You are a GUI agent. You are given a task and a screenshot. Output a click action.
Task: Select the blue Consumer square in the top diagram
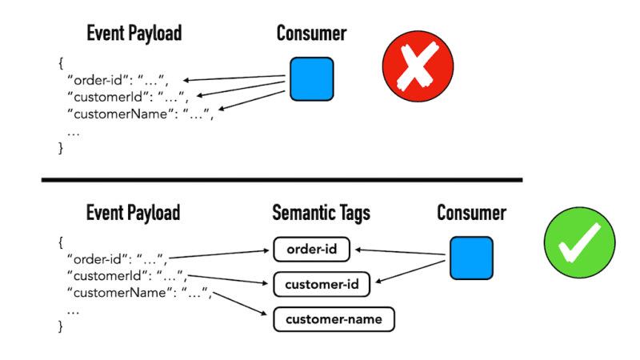(x=311, y=78)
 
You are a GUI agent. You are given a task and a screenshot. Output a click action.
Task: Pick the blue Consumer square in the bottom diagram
(x=470, y=258)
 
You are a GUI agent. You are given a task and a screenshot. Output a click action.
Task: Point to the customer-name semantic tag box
(x=334, y=320)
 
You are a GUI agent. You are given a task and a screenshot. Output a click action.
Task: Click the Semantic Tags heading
(x=320, y=213)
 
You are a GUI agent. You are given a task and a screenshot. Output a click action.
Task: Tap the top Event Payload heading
(x=134, y=33)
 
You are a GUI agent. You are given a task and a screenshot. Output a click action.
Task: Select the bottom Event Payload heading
(x=133, y=213)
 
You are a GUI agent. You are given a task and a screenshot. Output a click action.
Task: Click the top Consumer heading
(x=312, y=33)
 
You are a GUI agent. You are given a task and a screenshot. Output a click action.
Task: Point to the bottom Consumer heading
(x=471, y=213)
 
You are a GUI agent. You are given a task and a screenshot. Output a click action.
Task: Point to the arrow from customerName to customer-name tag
(x=240, y=305)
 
